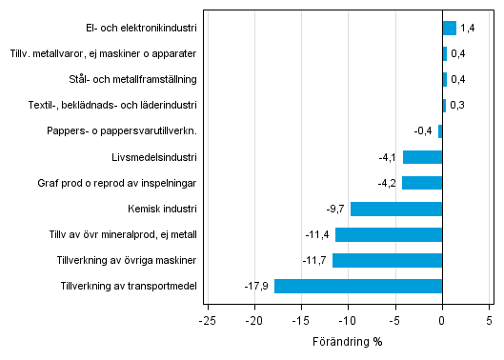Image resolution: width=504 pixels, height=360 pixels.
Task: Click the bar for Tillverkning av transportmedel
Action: pos(358,286)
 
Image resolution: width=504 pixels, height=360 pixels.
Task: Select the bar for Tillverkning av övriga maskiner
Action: pos(387,260)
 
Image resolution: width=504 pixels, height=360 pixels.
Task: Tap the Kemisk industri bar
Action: pos(396,209)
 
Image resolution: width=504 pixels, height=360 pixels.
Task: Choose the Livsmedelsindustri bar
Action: pos(422,157)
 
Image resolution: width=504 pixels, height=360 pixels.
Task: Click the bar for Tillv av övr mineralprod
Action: pos(389,234)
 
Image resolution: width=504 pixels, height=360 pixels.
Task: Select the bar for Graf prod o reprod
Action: pos(422,183)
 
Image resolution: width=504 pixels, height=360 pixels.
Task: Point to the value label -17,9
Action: pos(257,286)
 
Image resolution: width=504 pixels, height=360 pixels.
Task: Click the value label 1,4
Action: pos(467,29)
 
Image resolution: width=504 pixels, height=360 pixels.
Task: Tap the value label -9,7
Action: pos(335,209)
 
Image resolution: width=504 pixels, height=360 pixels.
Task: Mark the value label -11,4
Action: pos(317,234)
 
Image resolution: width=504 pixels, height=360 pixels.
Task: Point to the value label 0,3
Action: pos(456,106)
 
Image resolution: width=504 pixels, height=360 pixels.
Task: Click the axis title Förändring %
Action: pos(347,341)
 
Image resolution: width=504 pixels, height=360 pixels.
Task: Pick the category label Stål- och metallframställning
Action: pos(134,80)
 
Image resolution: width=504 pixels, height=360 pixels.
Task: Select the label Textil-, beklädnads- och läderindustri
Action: pos(117,106)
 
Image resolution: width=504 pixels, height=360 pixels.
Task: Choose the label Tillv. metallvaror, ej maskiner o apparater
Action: pos(104,54)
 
